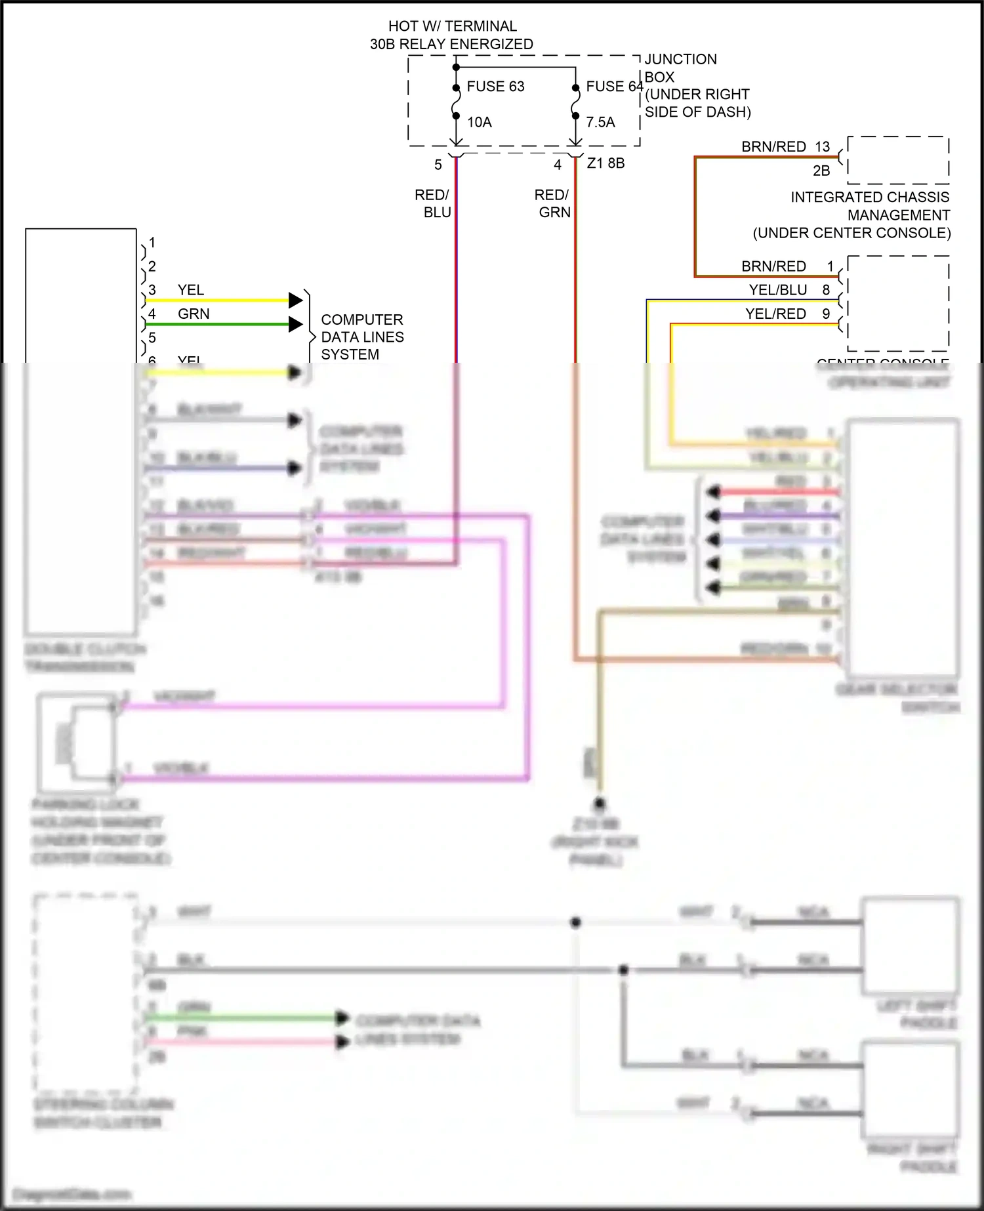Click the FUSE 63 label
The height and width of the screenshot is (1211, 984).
[x=495, y=87]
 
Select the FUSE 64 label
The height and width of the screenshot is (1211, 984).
[x=614, y=87]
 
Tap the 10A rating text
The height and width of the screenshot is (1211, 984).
[x=479, y=122]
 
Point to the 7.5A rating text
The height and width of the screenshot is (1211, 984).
[x=600, y=122]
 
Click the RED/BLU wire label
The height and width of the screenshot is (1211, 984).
[x=433, y=203]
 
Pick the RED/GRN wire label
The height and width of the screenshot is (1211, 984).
[x=552, y=203]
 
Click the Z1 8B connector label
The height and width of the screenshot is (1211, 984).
[x=605, y=163]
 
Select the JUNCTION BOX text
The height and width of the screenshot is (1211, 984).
[x=680, y=68]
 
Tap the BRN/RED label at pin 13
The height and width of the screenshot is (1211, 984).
[x=773, y=147]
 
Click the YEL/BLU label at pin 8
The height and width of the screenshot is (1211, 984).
[x=778, y=290]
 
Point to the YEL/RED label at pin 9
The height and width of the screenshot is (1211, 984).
[x=775, y=314]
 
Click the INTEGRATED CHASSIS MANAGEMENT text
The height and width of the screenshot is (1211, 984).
[x=869, y=206]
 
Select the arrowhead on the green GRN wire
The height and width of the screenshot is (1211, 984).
[x=295, y=324]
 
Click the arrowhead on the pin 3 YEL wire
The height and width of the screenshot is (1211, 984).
[x=295, y=300]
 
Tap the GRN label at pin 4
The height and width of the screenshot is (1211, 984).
[x=194, y=314]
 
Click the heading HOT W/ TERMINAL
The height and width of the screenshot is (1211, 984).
[x=452, y=26]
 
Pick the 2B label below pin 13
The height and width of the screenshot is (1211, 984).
[x=821, y=171]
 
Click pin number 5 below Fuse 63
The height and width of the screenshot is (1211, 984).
[x=438, y=165]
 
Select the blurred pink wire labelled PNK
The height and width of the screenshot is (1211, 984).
[x=243, y=1042]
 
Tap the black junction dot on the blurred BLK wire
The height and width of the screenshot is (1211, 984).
[x=623, y=970]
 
